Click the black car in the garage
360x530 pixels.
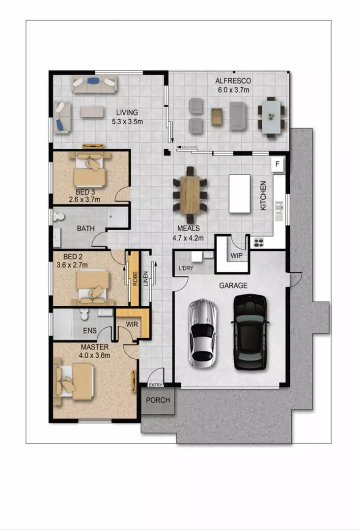[250, 332]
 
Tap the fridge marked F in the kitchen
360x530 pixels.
[277, 164]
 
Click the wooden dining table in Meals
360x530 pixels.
[190, 194]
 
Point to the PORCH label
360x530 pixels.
[158, 400]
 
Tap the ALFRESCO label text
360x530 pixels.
[233, 81]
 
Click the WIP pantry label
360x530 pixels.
[237, 256]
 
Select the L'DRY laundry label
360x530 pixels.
[186, 268]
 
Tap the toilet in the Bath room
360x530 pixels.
[59, 216]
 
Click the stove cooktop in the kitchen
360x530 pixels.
[259, 241]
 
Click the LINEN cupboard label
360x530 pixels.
[146, 278]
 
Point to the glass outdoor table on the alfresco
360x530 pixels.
[271, 116]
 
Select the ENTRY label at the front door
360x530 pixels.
[155, 385]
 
